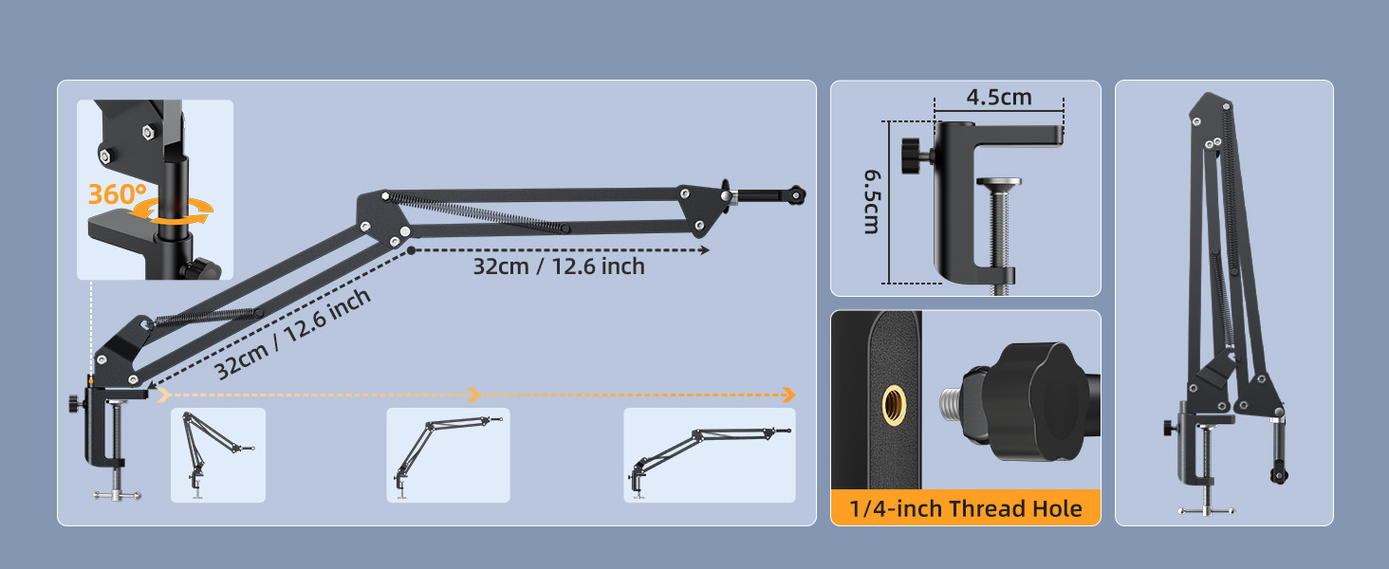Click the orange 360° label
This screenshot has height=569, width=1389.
pyautogui.click(x=118, y=194)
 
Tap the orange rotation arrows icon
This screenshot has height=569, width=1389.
pyautogui.click(x=173, y=212)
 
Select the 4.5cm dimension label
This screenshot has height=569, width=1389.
pyautogui.click(x=998, y=98)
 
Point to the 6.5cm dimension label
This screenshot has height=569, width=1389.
pyautogui.click(x=872, y=201)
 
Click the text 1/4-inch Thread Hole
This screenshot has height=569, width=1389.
pyautogui.click(x=966, y=508)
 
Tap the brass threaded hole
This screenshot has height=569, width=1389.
pyautogui.click(x=894, y=405)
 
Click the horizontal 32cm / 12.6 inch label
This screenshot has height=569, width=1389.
pyautogui.click(x=559, y=266)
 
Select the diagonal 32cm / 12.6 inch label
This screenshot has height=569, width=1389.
pyautogui.click(x=292, y=334)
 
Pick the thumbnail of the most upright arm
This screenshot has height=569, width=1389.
pyautogui.click(x=218, y=455)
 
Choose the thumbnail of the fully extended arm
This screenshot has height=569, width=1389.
pyautogui.click(x=710, y=455)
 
